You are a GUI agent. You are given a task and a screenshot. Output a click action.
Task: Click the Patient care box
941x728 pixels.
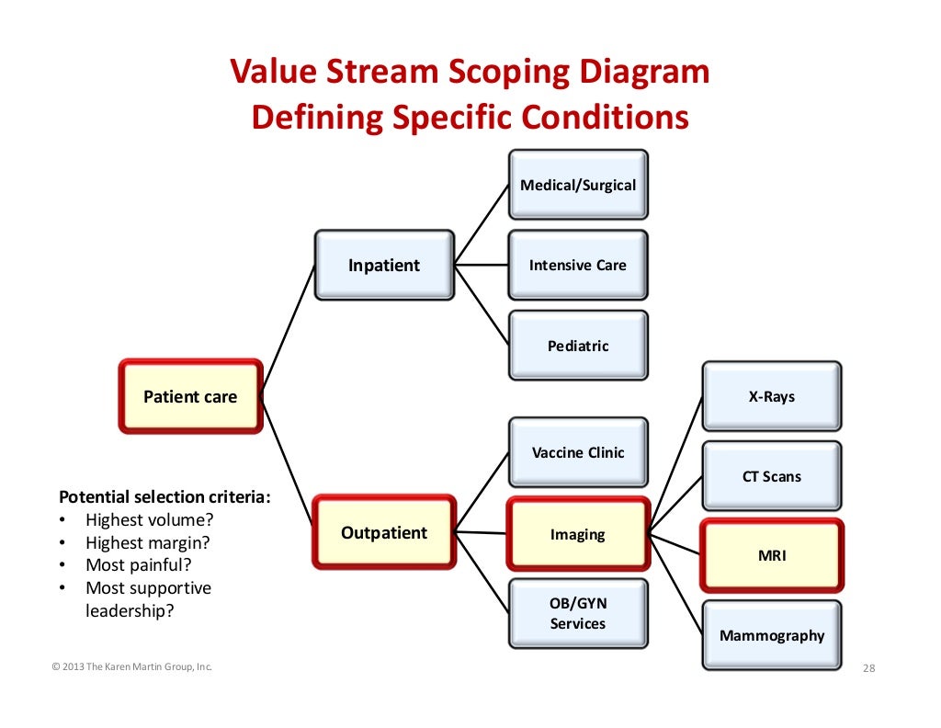click(x=190, y=397)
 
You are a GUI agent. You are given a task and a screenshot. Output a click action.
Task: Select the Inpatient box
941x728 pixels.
click(x=384, y=266)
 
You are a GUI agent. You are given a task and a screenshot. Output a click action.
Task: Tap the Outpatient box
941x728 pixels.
click(x=384, y=532)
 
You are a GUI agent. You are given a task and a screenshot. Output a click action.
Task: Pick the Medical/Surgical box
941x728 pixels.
click(x=578, y=185)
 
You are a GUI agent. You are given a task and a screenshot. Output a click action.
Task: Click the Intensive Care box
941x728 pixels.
click(x=578, y=266)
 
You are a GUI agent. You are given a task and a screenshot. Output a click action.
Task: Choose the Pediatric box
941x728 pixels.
click(x=578, y=347)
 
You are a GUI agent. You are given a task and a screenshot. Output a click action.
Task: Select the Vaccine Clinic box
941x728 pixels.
click(x=578, y=452)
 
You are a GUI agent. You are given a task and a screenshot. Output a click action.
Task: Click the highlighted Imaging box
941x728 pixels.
click(x=578, y=534)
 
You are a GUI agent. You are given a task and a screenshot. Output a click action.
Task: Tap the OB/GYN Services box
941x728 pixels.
click(x=578, y=613)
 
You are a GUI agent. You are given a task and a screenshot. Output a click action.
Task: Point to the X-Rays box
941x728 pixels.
click(x=772, y=397)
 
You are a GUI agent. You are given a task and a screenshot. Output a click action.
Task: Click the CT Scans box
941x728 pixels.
click(x=772, y=476)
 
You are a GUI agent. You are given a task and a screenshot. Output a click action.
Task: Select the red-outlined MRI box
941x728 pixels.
click(x=772, y=556)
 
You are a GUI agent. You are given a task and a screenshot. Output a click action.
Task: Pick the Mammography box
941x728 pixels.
click(x=772, y=635)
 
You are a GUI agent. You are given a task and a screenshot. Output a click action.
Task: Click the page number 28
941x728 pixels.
click(x=868, y=668)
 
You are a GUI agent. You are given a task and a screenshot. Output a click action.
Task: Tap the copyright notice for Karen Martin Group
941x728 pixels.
click(x=132, y=667)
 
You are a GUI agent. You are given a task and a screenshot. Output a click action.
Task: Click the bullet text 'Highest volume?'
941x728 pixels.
click(x=148, y=520)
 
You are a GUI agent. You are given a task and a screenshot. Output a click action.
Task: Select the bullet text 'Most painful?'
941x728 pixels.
click(x=139, y=565)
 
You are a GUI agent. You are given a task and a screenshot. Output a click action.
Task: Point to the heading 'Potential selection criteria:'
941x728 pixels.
click(x=165, y=497)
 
